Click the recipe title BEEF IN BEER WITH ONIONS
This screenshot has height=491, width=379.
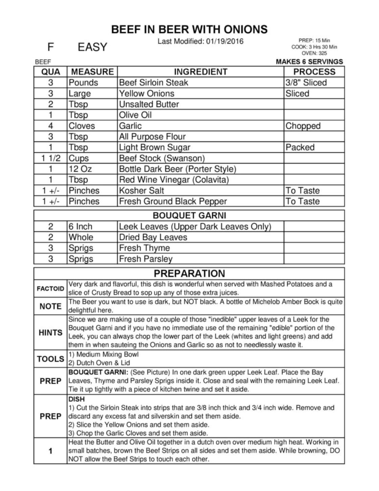click(189, 29)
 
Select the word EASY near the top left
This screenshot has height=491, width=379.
click(92, 47)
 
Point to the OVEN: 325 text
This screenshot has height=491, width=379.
click(314, 53)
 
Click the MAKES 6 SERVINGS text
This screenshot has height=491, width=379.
click(309, 62)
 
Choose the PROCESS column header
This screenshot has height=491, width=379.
click(314, 72)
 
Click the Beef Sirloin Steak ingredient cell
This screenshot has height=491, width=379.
click(154, 83)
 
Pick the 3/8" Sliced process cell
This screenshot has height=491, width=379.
click(306, 83)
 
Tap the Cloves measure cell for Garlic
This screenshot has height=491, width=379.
click(82, 126)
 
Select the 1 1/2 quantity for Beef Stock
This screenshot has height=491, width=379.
click(51, 158)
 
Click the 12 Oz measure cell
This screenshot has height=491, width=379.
click(80, 169)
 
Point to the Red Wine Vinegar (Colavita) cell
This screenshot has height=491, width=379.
click(174, 180)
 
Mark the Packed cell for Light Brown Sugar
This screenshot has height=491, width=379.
click(300, 148)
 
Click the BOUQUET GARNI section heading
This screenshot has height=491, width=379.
click(189, 216)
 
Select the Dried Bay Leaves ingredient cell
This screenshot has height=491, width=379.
click(153, 237)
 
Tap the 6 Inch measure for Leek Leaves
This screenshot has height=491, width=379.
click(81, 226)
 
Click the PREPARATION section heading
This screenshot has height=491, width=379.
click(189, 273)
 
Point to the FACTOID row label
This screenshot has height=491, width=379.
click(50, 289)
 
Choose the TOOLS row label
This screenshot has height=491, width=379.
click(50, 359)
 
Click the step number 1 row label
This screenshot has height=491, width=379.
click(50, 451)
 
